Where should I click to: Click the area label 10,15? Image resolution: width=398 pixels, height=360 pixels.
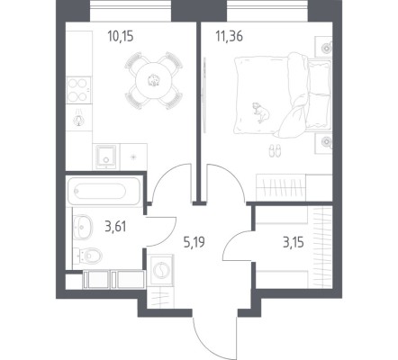click(x=121, y=37)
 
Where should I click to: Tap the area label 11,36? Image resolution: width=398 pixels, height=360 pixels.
click(x=229, y=37)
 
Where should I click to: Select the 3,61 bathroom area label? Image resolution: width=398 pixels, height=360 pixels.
click(x=115, y=226)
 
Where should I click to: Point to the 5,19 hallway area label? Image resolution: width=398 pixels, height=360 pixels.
click(x=194, y=242)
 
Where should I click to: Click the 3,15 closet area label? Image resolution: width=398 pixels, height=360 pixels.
click(x=294, y=242)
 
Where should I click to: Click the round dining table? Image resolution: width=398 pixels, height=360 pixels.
click(x=154, y=80)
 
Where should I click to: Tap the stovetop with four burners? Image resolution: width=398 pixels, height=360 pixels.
click(x=78, y=90)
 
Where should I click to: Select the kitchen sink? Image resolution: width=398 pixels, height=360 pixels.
click(x=105, y=157)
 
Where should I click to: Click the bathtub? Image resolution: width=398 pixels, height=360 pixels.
click(x=104, y=191)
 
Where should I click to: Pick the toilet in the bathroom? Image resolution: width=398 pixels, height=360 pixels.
click(x=89, y=256)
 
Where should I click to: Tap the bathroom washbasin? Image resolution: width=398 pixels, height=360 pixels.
click(x=83, y=227)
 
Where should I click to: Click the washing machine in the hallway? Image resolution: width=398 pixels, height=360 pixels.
click(x=161, y=269)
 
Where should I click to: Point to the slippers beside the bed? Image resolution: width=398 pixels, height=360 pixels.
click(x=275, y=150)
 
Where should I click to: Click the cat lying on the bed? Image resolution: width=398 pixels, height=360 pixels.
click(x=260, y=112)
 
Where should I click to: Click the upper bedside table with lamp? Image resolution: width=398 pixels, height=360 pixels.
click(x=323, y=47)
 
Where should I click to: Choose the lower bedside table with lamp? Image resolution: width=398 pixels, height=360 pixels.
click(x=323, y=143)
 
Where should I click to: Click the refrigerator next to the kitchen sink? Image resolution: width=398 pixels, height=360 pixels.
click(x=133, y=157)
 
